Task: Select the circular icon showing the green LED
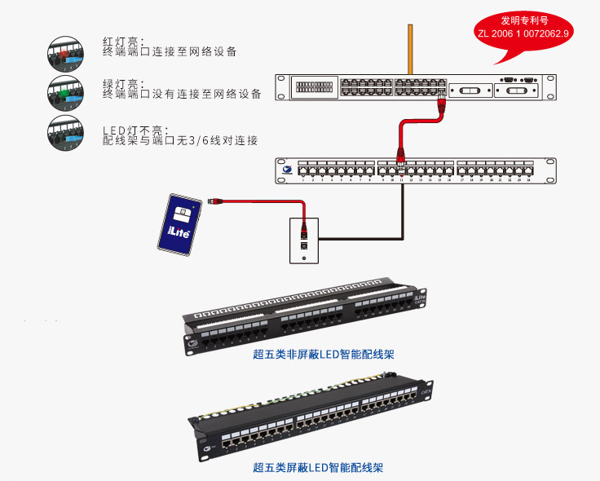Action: click(x=63, y=89)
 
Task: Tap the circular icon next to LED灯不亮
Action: click(x=63, y=130)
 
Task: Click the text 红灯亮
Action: click(x=122, y=41)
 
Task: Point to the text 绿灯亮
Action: click(x=122, y=83)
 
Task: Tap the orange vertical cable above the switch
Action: click(x=409, y=49)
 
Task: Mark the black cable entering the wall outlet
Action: click(x=359, y=237)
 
